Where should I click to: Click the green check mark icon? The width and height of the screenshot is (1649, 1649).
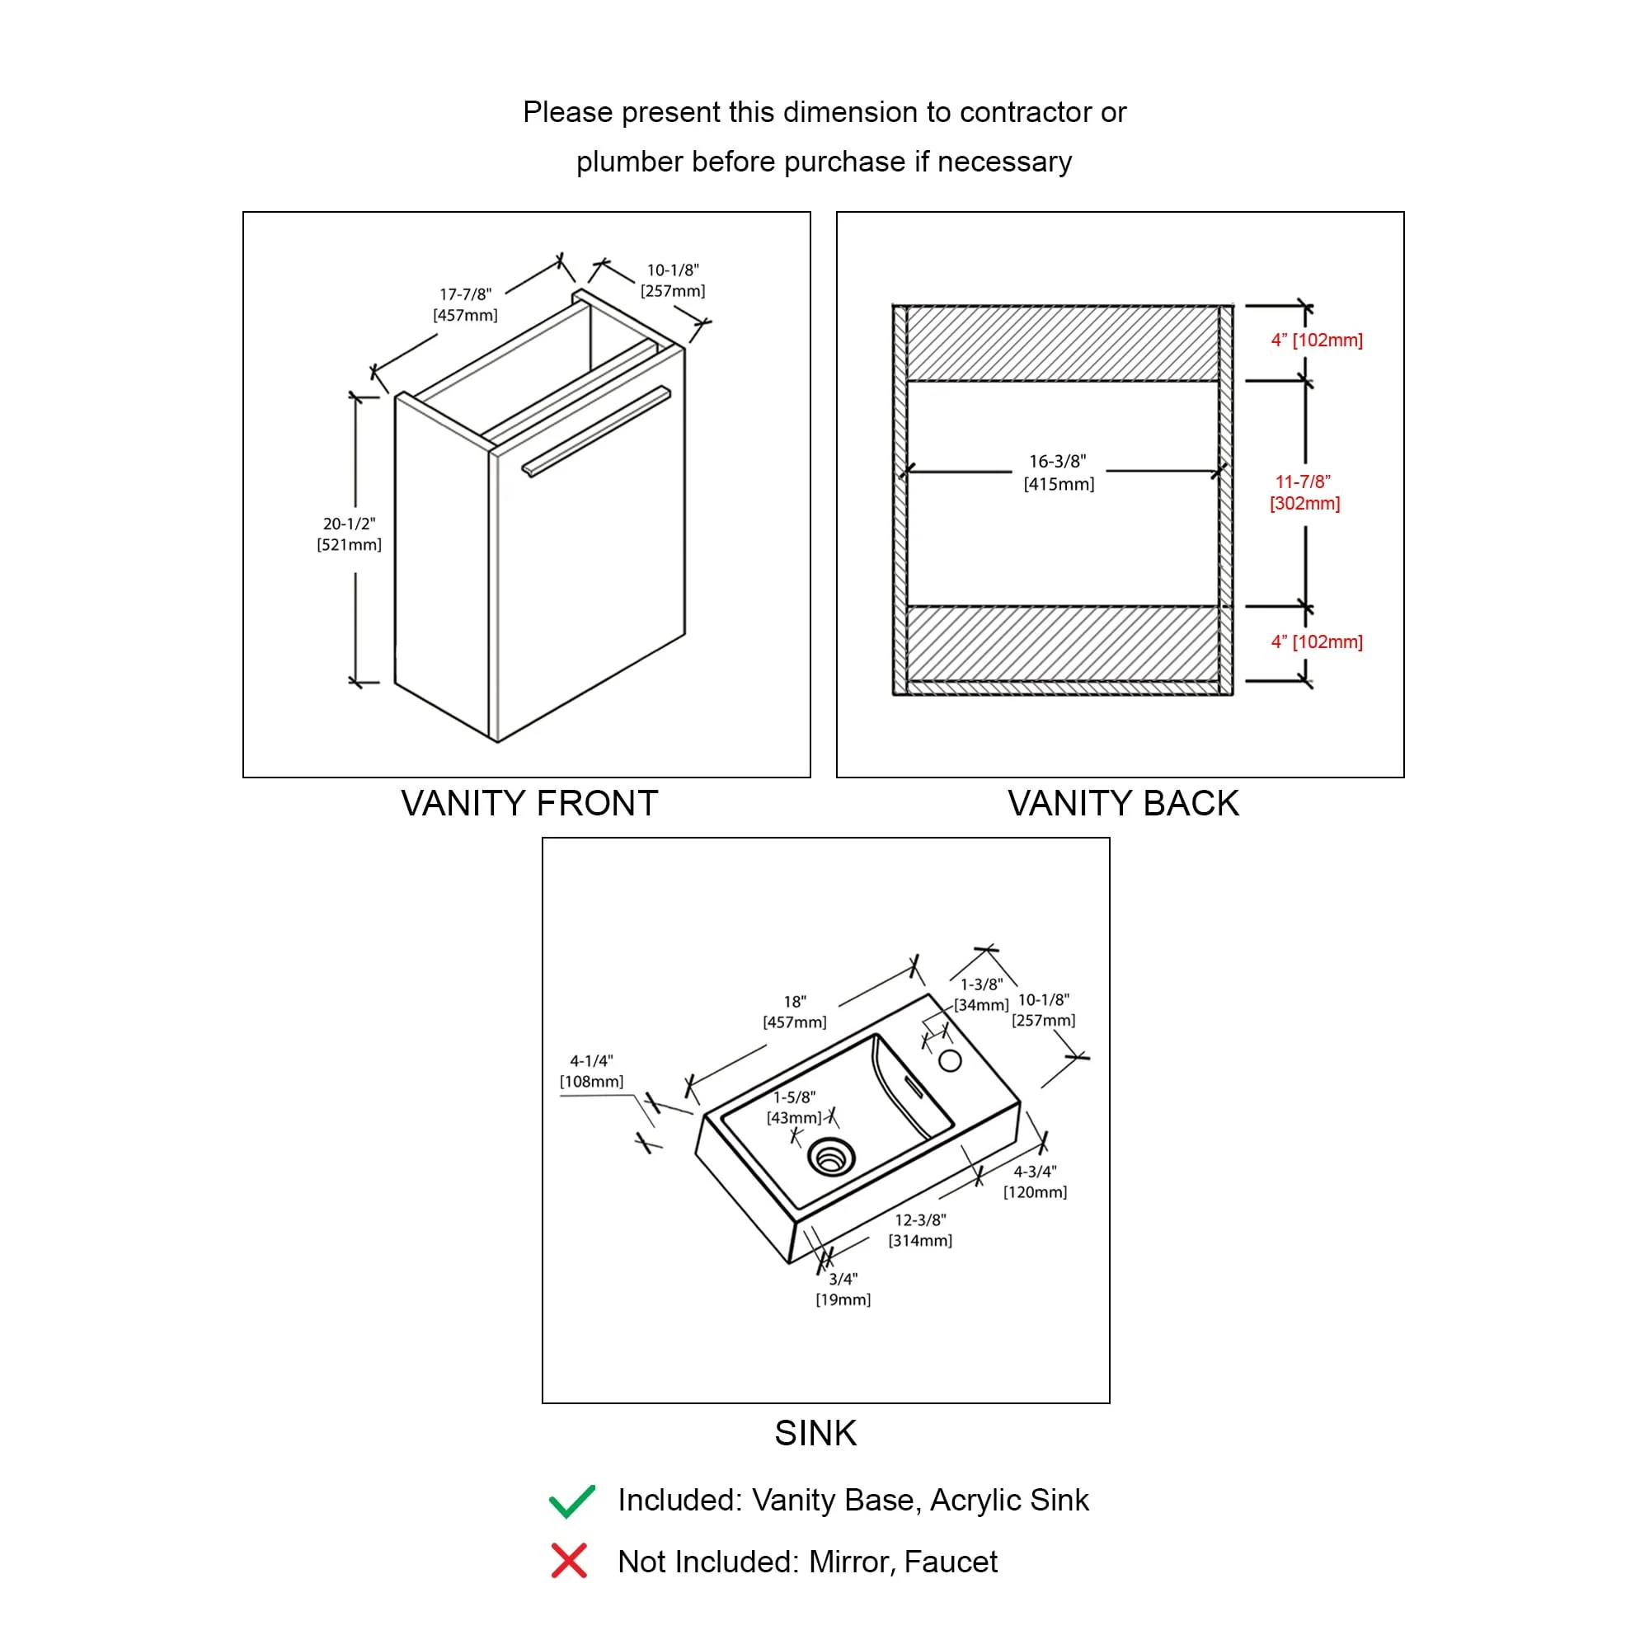(x=571, y=1501)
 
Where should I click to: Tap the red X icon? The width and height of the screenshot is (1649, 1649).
(x=568, y=1561)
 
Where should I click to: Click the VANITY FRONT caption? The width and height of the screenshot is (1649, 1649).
(x=529, y=803)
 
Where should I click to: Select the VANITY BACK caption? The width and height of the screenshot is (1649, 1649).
(x=1122, y=803)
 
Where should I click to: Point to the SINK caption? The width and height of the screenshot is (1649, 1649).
(x=815, y=1433)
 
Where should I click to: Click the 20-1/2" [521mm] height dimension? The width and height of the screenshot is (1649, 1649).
(x=349, y=534)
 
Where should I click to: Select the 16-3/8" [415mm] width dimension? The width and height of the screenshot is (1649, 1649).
(x=1059, y=472)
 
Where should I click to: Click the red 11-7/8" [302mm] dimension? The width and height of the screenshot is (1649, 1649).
(x=1304, y=492)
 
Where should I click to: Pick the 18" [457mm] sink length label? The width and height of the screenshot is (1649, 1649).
(x=795, y=1012)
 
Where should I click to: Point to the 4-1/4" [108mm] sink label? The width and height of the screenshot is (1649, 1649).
(x=591, y=1071)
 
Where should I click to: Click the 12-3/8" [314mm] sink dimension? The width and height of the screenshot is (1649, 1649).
(x=920, y=1230)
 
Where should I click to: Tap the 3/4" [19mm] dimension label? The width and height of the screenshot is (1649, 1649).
(x=843, y=1289)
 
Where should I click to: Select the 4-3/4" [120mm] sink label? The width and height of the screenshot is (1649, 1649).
(x=1035, y=1182)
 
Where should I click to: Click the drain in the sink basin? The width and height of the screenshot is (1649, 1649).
(x=830, y=1158)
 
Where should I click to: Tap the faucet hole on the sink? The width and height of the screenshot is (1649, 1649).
(x=950, y=1061)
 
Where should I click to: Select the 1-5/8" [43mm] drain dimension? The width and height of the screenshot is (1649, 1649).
(x=794, y=1108)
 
